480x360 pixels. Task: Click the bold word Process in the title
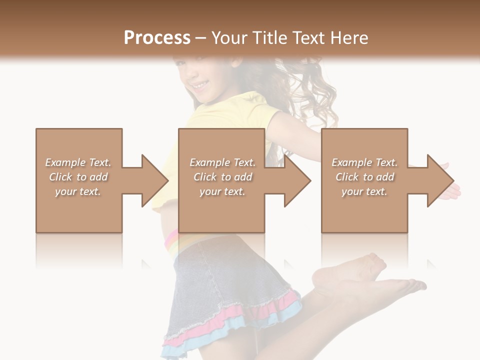[157, 38]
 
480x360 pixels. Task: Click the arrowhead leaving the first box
[152, 180]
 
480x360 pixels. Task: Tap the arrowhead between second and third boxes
[295, 180]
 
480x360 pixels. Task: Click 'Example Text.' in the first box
[78, 162]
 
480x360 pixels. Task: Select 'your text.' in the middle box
[222, 191]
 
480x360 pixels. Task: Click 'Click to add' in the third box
[364, 177]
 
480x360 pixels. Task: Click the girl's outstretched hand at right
[452, 190]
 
